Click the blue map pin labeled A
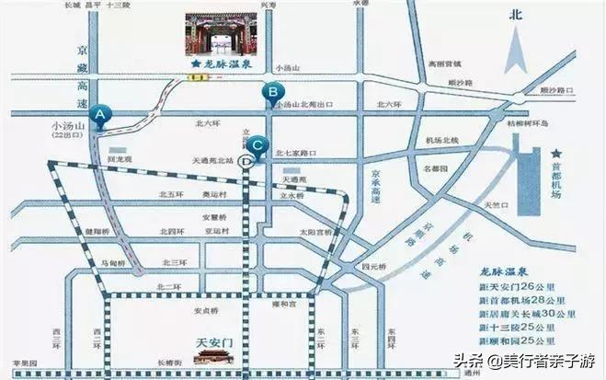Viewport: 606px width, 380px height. click(102, 114)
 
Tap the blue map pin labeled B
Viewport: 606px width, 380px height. click(272, 91)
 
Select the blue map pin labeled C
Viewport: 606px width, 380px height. click(259, 144)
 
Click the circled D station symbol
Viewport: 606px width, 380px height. click(246, 160)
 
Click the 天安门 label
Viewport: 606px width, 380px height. click(218, 342)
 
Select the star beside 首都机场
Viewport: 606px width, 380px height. click(555, 154)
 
